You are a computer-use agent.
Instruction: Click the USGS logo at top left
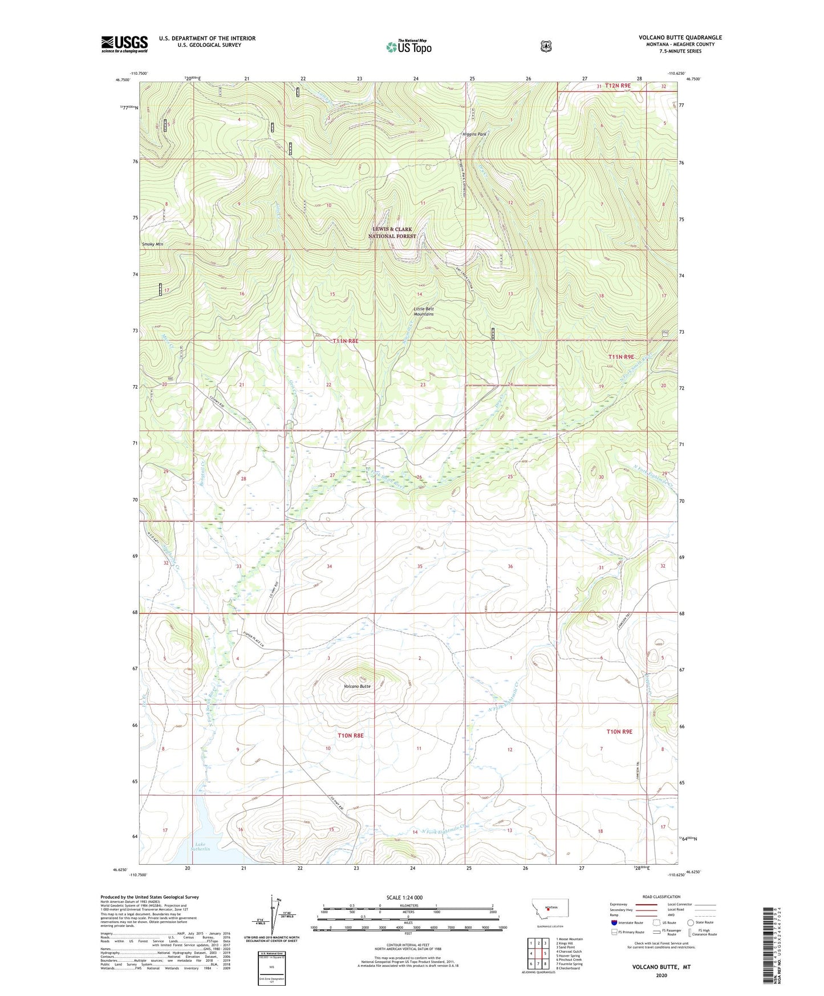pos(124,44)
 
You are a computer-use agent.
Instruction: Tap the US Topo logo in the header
pos(408,47)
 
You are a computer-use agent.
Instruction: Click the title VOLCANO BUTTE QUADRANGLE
pos(680,38)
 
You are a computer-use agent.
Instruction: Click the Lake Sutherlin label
pos(202,847)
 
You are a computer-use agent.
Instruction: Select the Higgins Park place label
pos(474,135)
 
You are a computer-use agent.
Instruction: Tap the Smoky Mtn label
pos(152,244)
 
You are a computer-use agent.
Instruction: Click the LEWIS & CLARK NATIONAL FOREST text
pos(392,233)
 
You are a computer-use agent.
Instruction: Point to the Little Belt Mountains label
pos(423,311)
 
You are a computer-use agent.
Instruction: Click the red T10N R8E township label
pos(350,735)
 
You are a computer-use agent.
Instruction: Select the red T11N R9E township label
pos(621,357)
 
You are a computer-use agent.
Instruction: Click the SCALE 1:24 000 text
pos(404,897)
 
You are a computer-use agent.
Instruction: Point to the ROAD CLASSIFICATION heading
pos(661,897)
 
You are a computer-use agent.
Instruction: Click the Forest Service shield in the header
pos(546,46)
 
